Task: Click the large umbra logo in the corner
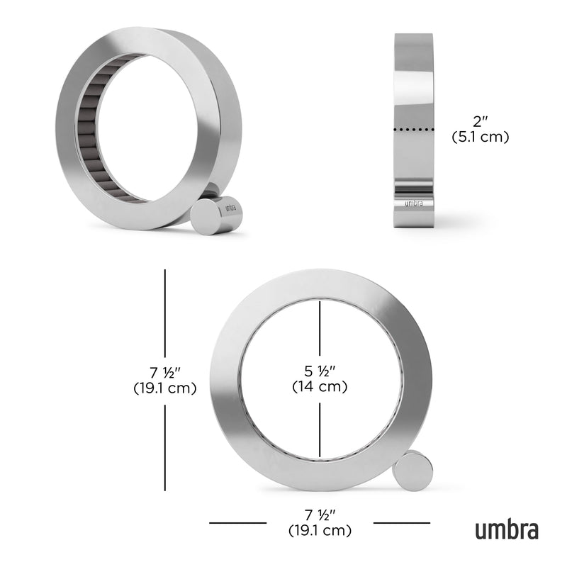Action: [506, 529]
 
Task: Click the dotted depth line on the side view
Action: [412, 130]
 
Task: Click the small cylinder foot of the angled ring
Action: [215, 215]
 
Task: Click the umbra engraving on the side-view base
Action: [412, 203]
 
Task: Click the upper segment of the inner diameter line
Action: [320, 330]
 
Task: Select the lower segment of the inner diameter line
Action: [320, 429]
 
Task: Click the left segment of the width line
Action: [237, 523]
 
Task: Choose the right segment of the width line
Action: [401, 523]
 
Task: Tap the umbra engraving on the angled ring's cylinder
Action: [229, 209]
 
